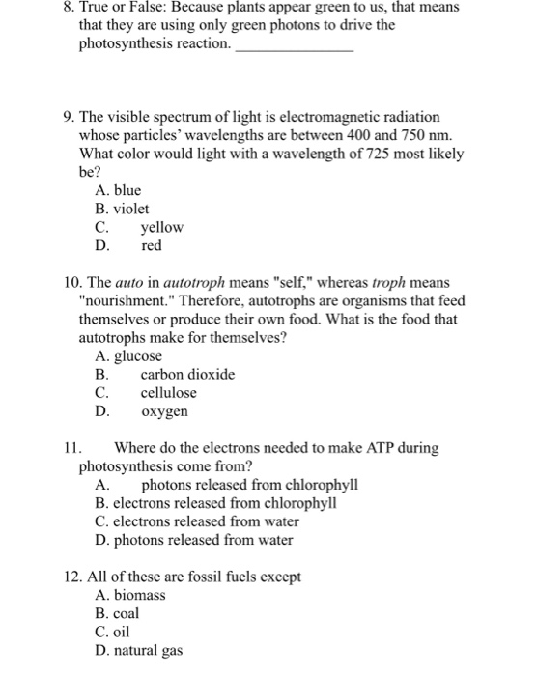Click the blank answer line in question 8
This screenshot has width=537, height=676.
tap(295, 48)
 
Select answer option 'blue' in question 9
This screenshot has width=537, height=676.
tap(127, 191)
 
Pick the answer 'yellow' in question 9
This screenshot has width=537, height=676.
tap(161, 228)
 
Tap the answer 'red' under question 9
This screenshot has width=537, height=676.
tap(152, 246)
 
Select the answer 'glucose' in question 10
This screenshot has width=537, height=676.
tap(136, 356)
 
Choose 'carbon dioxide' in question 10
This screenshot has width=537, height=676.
tap(187, 375)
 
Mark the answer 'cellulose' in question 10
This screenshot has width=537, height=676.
tap(168, 393)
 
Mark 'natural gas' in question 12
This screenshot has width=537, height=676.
tap(148, 651)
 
